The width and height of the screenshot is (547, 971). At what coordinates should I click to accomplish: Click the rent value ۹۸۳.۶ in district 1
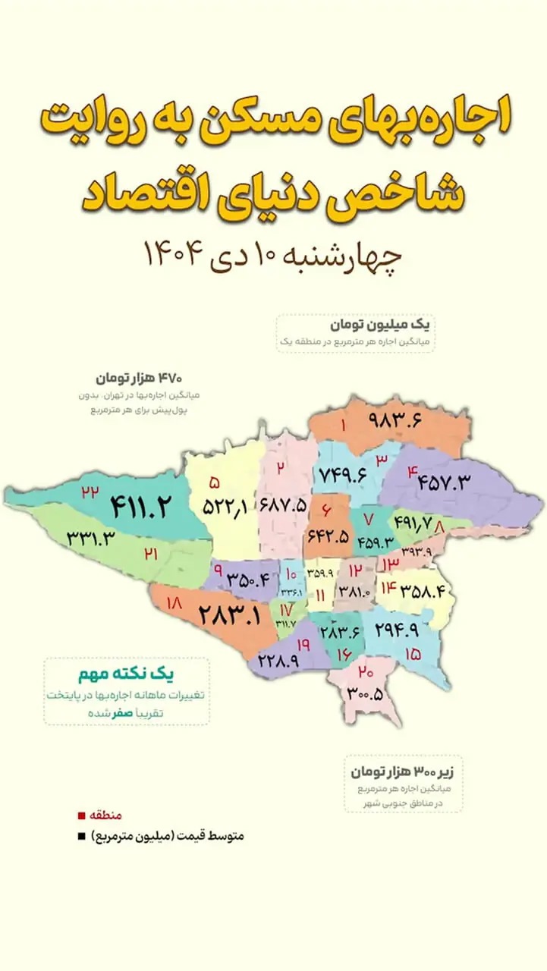395,419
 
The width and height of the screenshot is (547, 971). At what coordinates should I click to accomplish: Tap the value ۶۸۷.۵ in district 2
283,504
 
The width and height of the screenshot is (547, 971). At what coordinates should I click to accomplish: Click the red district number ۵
215,482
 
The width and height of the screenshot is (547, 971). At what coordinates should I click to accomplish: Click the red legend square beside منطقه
81,816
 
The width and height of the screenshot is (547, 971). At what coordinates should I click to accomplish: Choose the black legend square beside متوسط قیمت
81,837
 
